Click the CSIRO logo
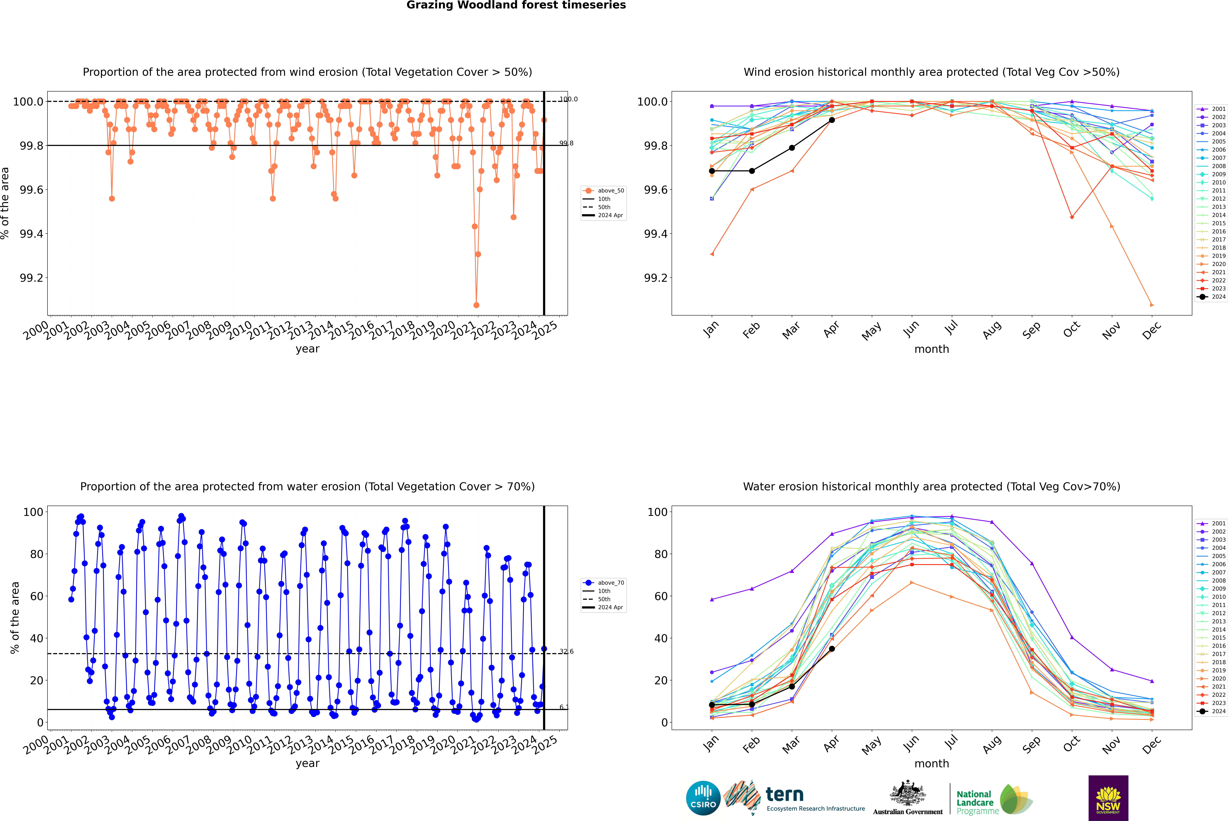pyautogui.click(x=703, y=798)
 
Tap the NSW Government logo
pyautogui.click(x=1108, y=798)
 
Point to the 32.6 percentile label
pyautogui.click(x=566, y=651)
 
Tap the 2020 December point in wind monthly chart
pyautogui.click(x=1152, y=305)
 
